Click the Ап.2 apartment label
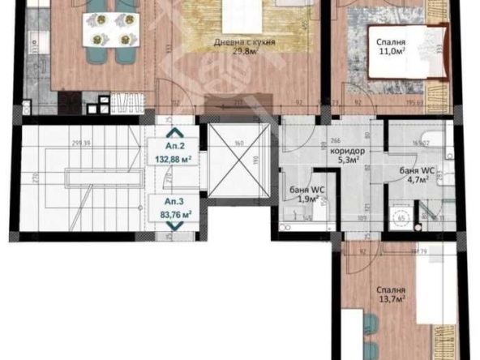click(174, 148)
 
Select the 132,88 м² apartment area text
click(174, 159)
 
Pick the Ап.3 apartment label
click(174, 200)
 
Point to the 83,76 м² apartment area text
click(174, 214)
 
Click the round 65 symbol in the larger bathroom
click(400, 218)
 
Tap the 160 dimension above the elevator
click(239, 144)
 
